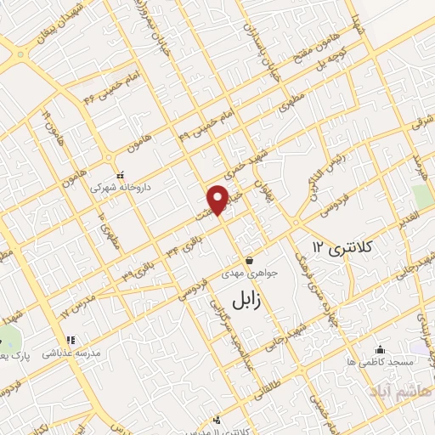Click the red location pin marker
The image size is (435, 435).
(218, 199)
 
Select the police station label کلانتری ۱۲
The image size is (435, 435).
(342, 247)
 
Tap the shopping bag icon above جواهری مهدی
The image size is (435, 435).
(249, 260)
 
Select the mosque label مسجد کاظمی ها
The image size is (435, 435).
(380, 361)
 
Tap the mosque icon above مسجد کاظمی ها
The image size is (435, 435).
(380, 348)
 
